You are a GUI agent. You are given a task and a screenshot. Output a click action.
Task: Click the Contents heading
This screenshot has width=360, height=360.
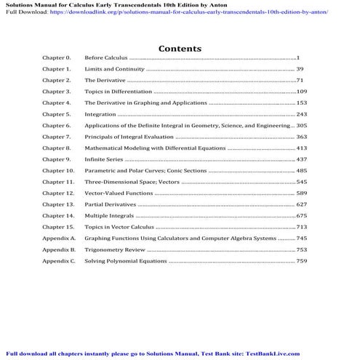[x=180, y=48]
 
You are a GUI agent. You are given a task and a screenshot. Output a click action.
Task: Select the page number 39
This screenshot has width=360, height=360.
[x=300, y=68]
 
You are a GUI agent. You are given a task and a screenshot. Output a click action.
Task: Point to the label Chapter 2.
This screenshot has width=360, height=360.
[x=56, y=80]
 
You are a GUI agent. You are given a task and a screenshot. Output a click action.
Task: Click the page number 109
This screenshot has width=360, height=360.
[x=302, y=92]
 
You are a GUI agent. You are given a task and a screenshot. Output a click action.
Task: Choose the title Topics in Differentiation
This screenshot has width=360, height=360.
[x=119, y=92]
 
